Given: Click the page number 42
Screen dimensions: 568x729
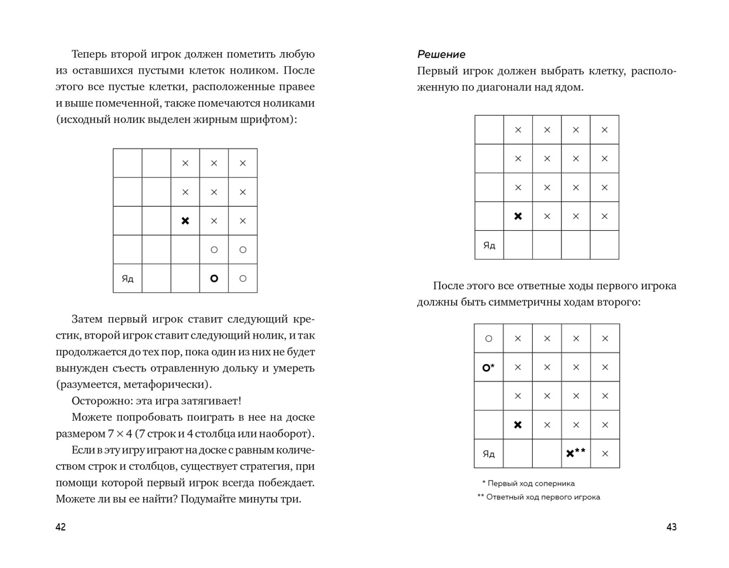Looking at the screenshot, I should tap(60, 527).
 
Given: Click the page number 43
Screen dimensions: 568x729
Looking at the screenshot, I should tap(671, 527).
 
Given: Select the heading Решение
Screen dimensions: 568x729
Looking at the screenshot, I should tap(441, 54).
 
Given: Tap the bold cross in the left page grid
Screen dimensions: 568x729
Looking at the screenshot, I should tap(185, 221).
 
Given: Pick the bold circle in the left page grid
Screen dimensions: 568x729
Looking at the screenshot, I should tap(214, 278).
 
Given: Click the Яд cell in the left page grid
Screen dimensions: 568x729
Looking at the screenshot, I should tap(127, 278).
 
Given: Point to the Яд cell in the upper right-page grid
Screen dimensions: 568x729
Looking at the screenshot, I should tap(489, 246).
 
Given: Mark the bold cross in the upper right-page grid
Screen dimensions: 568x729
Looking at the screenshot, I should tap(518, 216).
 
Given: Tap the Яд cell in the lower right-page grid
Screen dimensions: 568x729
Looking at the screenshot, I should tap(489, 454).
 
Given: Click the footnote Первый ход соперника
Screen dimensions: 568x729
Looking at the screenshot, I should tap(530, 483).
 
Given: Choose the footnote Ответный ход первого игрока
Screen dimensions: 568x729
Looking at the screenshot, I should tap(543, 497).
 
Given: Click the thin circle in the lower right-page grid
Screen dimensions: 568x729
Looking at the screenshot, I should tap(489, 339).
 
